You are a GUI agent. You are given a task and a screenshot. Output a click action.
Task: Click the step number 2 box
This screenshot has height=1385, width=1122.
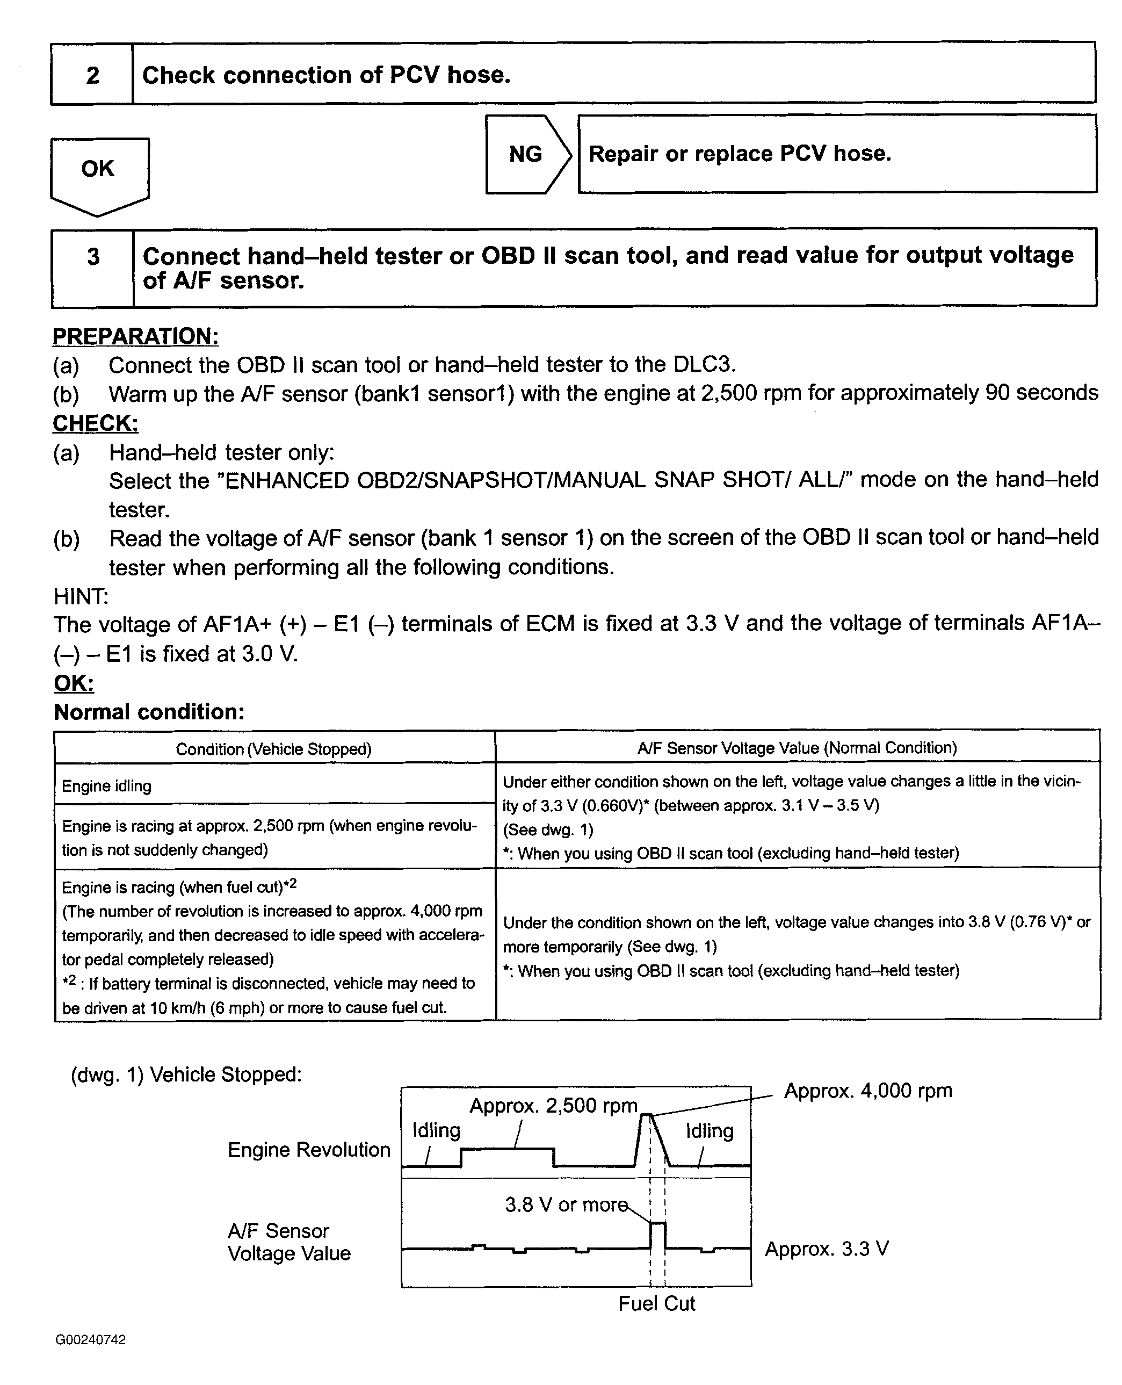pos(92,74)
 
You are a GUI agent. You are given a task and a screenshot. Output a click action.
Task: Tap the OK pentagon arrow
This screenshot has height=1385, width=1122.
pos(98,171)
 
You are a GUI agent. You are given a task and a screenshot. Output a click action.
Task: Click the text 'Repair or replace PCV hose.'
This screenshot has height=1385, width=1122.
pos(740,154)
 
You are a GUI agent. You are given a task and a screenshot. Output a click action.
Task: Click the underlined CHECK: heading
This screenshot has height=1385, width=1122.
pos(95,423)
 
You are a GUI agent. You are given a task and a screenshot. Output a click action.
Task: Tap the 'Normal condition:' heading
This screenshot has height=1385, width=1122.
pos(149,712)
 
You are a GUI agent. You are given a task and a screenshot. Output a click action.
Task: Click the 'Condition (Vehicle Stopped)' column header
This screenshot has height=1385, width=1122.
pos(273,749)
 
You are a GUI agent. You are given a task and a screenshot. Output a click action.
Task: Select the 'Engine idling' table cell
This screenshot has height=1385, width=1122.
pos(107,787)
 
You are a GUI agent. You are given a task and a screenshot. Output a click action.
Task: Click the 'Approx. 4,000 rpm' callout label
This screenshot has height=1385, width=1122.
pos(867,1091)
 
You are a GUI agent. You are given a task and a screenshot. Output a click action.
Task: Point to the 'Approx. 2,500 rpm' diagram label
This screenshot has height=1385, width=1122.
pos(553,1106)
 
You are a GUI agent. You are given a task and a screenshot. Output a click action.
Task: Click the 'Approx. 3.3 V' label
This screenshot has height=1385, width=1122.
pos(827,1249)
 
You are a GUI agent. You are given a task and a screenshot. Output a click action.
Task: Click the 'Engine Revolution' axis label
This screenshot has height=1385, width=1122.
pos(309,1150)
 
